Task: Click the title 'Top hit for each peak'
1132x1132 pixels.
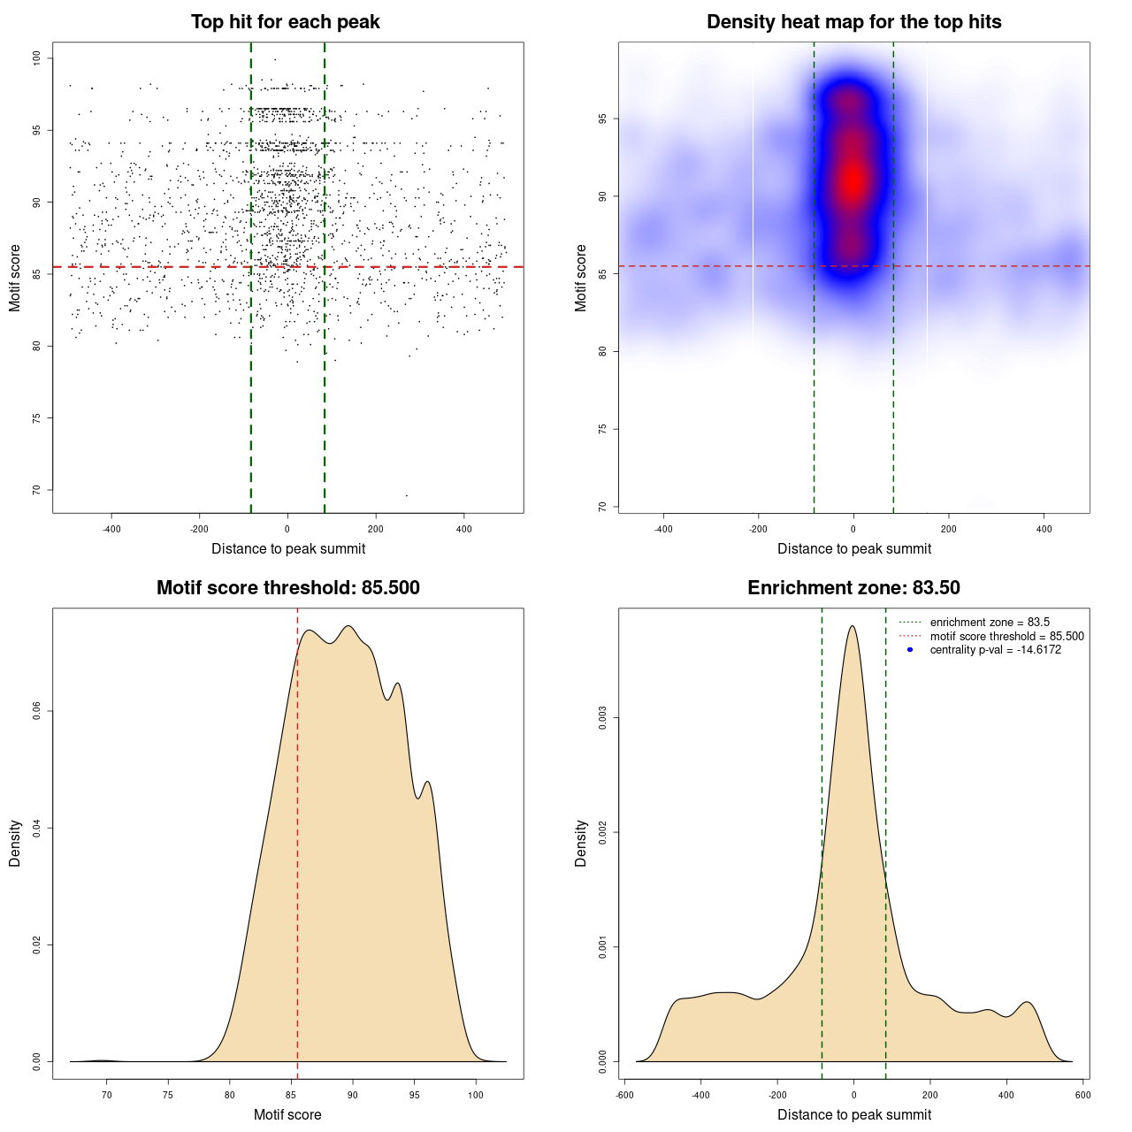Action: [x=285, y=22]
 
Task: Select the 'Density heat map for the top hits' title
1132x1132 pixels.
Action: [x=853, y=22]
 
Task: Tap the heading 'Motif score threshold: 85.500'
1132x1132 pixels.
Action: [x=287, y=588]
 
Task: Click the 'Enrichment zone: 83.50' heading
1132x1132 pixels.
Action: [x=853, y=588]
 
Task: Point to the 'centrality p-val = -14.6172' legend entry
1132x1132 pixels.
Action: [x=995, y=650]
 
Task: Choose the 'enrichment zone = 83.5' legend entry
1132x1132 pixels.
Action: [x=990, y=623]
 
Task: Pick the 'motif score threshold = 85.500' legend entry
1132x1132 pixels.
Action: [x=1006, y=636]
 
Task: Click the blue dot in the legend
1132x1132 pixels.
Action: [x=910, y=650]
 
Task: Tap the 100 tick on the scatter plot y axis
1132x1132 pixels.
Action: [x=37, y=58]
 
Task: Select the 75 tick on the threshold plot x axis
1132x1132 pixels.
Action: [x=168, y=1095]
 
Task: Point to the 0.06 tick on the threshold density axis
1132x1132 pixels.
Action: [x=37, y=711]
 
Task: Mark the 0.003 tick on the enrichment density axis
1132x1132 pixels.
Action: [x=603, y=718]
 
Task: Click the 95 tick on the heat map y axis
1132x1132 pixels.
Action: [x=603, y=119]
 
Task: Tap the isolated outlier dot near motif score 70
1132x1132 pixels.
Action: [x=407, y=495]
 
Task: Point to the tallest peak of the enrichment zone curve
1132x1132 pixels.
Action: [x=852, y=626]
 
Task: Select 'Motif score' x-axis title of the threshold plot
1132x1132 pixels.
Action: [x=287, y=1114]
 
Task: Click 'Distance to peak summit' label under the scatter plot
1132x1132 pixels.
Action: [x=288, y=548]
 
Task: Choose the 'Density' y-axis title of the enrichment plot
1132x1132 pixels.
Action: [x=581, y=843]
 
